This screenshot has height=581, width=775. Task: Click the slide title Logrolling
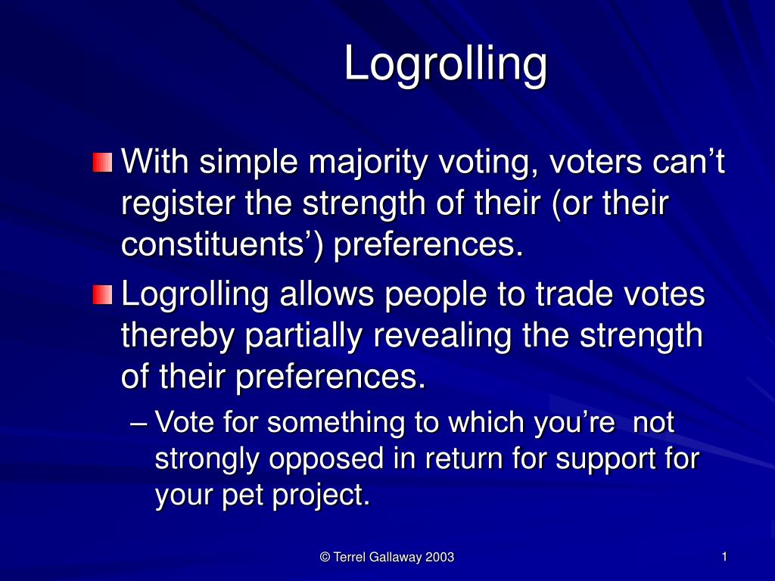click(446, 65)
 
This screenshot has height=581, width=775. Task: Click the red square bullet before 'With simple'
click(102, 162)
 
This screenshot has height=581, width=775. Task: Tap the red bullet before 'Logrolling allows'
click(102, 294)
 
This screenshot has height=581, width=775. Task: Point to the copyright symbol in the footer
click(325, 558)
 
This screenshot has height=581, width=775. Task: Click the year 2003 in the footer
click(440, 558)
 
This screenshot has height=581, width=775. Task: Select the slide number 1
click(724, 558)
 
